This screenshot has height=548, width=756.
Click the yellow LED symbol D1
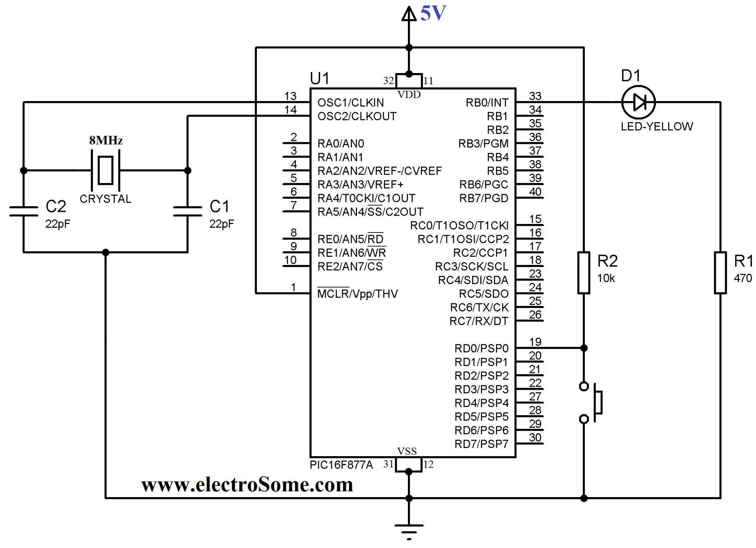[x=638, y=102]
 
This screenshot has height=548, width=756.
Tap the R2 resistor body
[x=584, y=273]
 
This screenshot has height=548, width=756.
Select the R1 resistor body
[x=720, y=273]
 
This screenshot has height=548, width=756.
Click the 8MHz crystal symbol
[x=106, y=170]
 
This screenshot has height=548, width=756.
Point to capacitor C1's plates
[x=188, y=211]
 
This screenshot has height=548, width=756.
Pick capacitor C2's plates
[x=24, y=211]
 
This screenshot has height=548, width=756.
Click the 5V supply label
[x=433, y=13]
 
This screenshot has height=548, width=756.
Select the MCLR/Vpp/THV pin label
[x=357, y=294]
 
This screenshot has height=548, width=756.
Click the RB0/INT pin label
[x=487, y=103]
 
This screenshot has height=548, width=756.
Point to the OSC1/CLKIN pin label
[x=351, y=103]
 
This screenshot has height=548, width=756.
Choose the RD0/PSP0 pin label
[x=481, y=348]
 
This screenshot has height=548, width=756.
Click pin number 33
[x=535, y=96]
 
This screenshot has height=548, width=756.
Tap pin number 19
[x=535, y=342]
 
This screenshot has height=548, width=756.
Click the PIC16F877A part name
[x=341, y=465]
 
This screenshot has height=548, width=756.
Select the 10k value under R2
[x=606, y=278]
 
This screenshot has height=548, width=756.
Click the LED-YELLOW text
[x=657, y=127]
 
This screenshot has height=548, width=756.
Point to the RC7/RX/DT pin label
[x=478, y=321]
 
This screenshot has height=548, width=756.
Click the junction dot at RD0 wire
[x=584, y=348]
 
